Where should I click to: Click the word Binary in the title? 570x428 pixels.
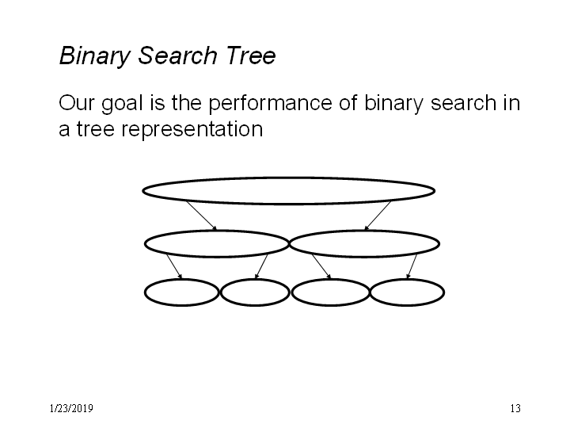point(94,56)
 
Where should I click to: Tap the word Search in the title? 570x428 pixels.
point(177,55)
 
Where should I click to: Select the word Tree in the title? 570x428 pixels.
point(250,55)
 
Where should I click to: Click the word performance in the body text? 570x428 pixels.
point(270,104)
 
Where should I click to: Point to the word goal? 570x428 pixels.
point(122,104)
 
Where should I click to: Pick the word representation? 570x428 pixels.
point(192,130)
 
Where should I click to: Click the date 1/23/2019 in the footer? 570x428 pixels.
point(71,408)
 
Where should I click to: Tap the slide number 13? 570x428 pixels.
point(515,408)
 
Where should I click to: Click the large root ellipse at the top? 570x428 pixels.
point(289,178)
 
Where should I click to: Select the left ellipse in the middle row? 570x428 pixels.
point(217,231)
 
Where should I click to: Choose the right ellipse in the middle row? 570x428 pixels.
point(364,231)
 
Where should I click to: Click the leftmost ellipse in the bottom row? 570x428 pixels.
point(182,279)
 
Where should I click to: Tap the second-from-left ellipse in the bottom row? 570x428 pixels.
point(255,279)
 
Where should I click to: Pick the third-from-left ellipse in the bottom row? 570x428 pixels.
point(330,279)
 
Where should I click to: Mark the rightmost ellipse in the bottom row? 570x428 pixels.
point(407,279)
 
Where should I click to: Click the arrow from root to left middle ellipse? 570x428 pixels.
point(201,216)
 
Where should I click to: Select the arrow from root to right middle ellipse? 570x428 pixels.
point(378,216)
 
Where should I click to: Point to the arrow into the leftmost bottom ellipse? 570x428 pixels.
point(174,267)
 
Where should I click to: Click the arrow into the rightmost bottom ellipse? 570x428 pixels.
point(412,267)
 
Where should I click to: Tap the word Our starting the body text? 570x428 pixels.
point(76,103)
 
